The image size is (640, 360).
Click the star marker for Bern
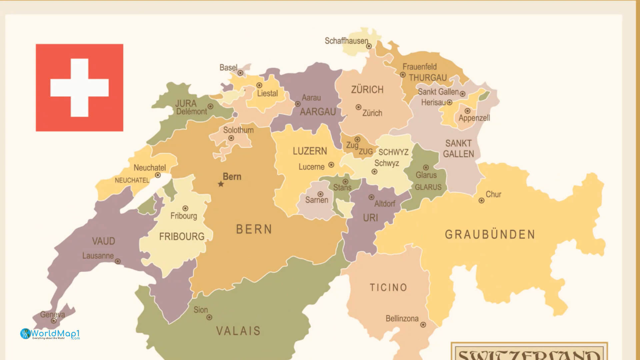(x=221, y=184)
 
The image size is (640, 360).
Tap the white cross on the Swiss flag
(x=79, y=88)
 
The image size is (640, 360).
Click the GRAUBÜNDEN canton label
(x=490, y=235)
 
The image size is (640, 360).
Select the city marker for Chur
(x=481, y=201)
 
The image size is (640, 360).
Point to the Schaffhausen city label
(x=346, y=41)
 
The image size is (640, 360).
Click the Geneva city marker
(x=53, y=321)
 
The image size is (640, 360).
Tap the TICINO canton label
(x=388, y=288)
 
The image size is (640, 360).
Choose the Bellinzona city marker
(x=423, y=325)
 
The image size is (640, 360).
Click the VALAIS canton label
(x=238, y=331)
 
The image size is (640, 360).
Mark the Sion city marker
(x=209, y=318)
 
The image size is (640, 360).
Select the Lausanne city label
(x=98, y=256)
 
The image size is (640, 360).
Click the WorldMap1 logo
(x=50, y=334)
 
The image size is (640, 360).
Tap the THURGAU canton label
(x=428, y=78)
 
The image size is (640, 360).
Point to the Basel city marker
(x=240, y=73)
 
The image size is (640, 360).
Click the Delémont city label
(x=191, y=112)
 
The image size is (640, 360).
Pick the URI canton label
(x=370, y=218)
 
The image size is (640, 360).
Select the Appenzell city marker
(x=467, y=111)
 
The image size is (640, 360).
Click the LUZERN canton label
(x=310, y=151)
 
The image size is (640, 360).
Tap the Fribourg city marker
(x=185, y=209)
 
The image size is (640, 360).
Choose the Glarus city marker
(x=426, y=168)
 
